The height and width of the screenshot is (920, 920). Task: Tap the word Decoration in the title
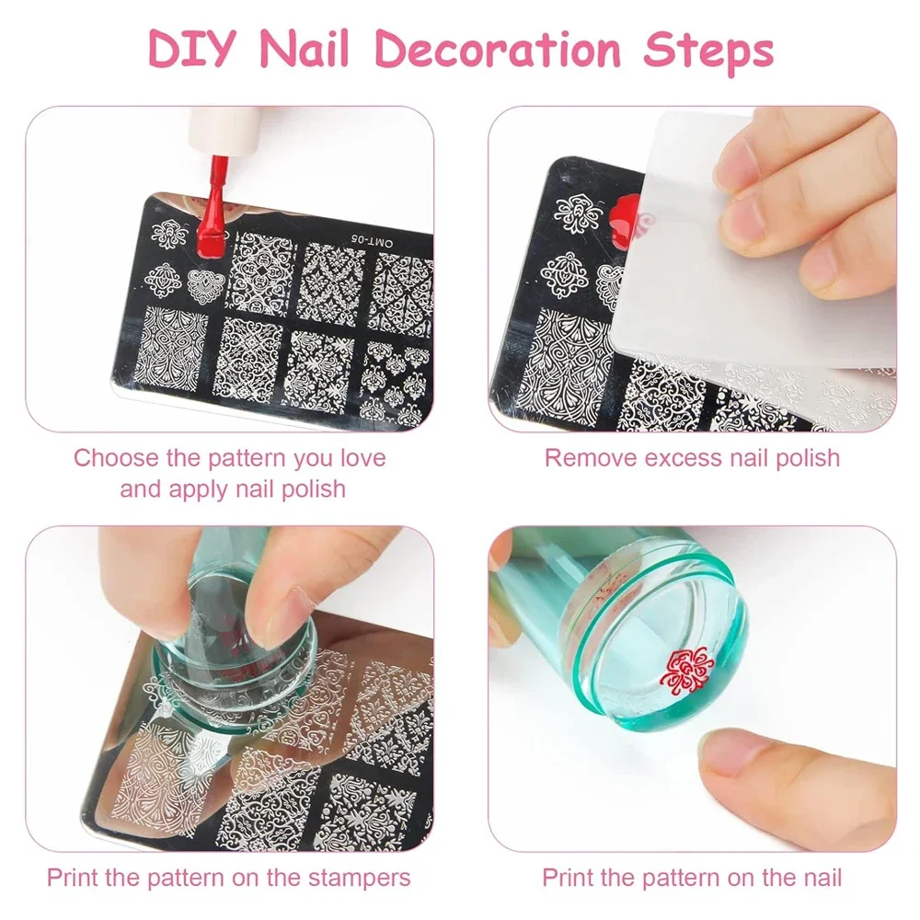(x=498, y=48)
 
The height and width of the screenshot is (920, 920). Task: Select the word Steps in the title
(x=708, y=52)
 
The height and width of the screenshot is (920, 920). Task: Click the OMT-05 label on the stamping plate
(x=372, y=240)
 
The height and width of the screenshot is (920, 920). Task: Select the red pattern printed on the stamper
(x=686, y=670)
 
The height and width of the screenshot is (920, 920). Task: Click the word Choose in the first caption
(x=116, y=458)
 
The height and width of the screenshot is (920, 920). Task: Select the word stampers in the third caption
(x=359, y=879)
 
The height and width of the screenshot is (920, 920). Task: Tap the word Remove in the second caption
(x=591, y=458)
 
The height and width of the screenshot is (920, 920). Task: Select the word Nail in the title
(x=305, y=48)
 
